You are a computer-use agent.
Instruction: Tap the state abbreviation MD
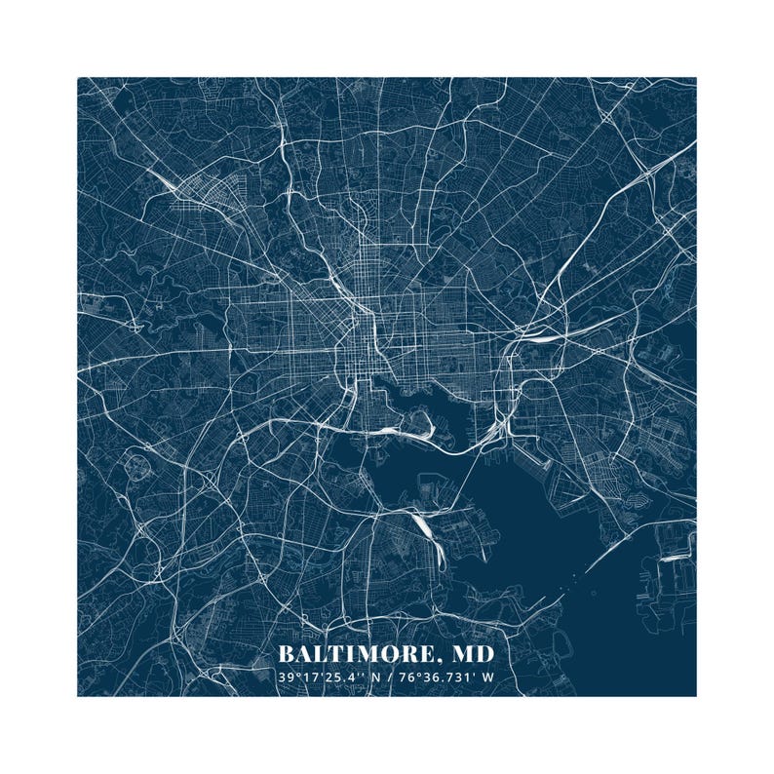[x=472, y=652]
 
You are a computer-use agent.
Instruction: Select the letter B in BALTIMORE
[x=286, y=652]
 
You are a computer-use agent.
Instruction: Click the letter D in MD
[x=484, y=652]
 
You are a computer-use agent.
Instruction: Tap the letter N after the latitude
[x=373, y=677]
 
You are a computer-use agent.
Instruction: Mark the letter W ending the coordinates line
[x=489, y=677]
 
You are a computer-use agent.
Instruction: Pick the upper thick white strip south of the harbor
[x=423, y=526]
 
